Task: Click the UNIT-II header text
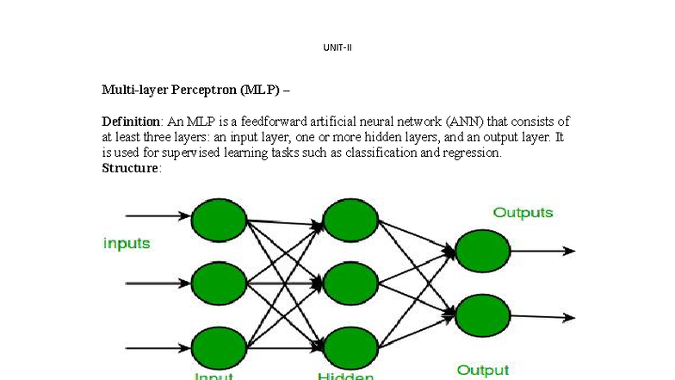click(x=337, y=47)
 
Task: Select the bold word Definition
click(x=132, y=121)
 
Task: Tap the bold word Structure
click(x=130, y=168)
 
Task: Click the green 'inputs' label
click(x=127, y=244)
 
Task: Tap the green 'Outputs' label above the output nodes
click(x=523, y=213)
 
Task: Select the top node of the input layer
click(x=219, y=220)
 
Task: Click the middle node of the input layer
click(x=219, y=283)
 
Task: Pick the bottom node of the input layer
click(x=219, y=348)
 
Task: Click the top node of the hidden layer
click(x=351, y=220)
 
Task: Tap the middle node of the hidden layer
click(x=351, y=283)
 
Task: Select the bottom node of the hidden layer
click(x=351, y=348)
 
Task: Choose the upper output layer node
click(x=482, y=251)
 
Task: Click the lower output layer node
click(x=482, y=315)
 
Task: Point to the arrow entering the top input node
click(x=158, y=216)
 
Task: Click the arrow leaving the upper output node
click(x=542, y=251)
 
